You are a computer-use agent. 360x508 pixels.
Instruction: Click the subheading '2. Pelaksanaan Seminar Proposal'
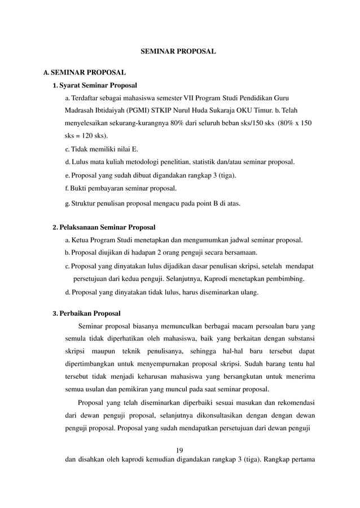(103, 228)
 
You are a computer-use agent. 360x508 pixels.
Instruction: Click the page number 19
(180, 449)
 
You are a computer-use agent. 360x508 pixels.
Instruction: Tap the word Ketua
(81, 241)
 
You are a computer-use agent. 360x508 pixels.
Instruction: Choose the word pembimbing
(287, 279)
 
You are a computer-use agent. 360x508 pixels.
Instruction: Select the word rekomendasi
(292, 403)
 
